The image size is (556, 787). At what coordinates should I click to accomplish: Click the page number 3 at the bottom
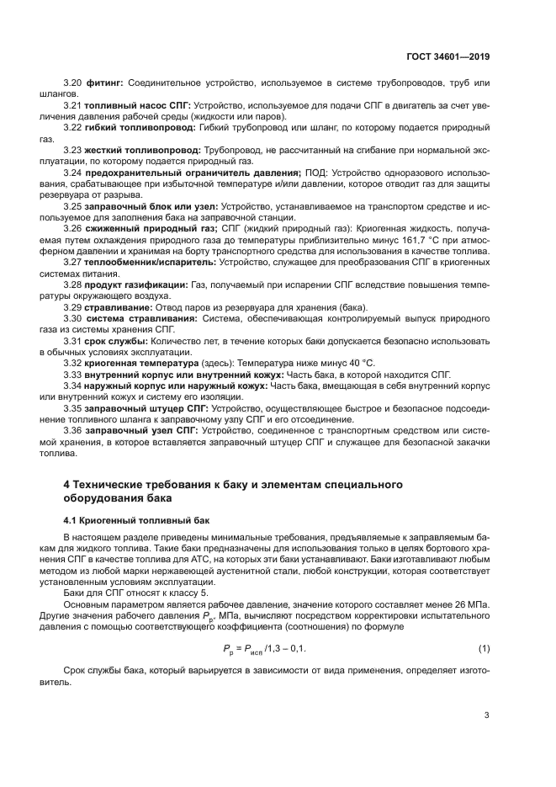(486, 716)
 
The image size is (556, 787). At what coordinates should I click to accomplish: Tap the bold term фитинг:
(105, 83)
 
